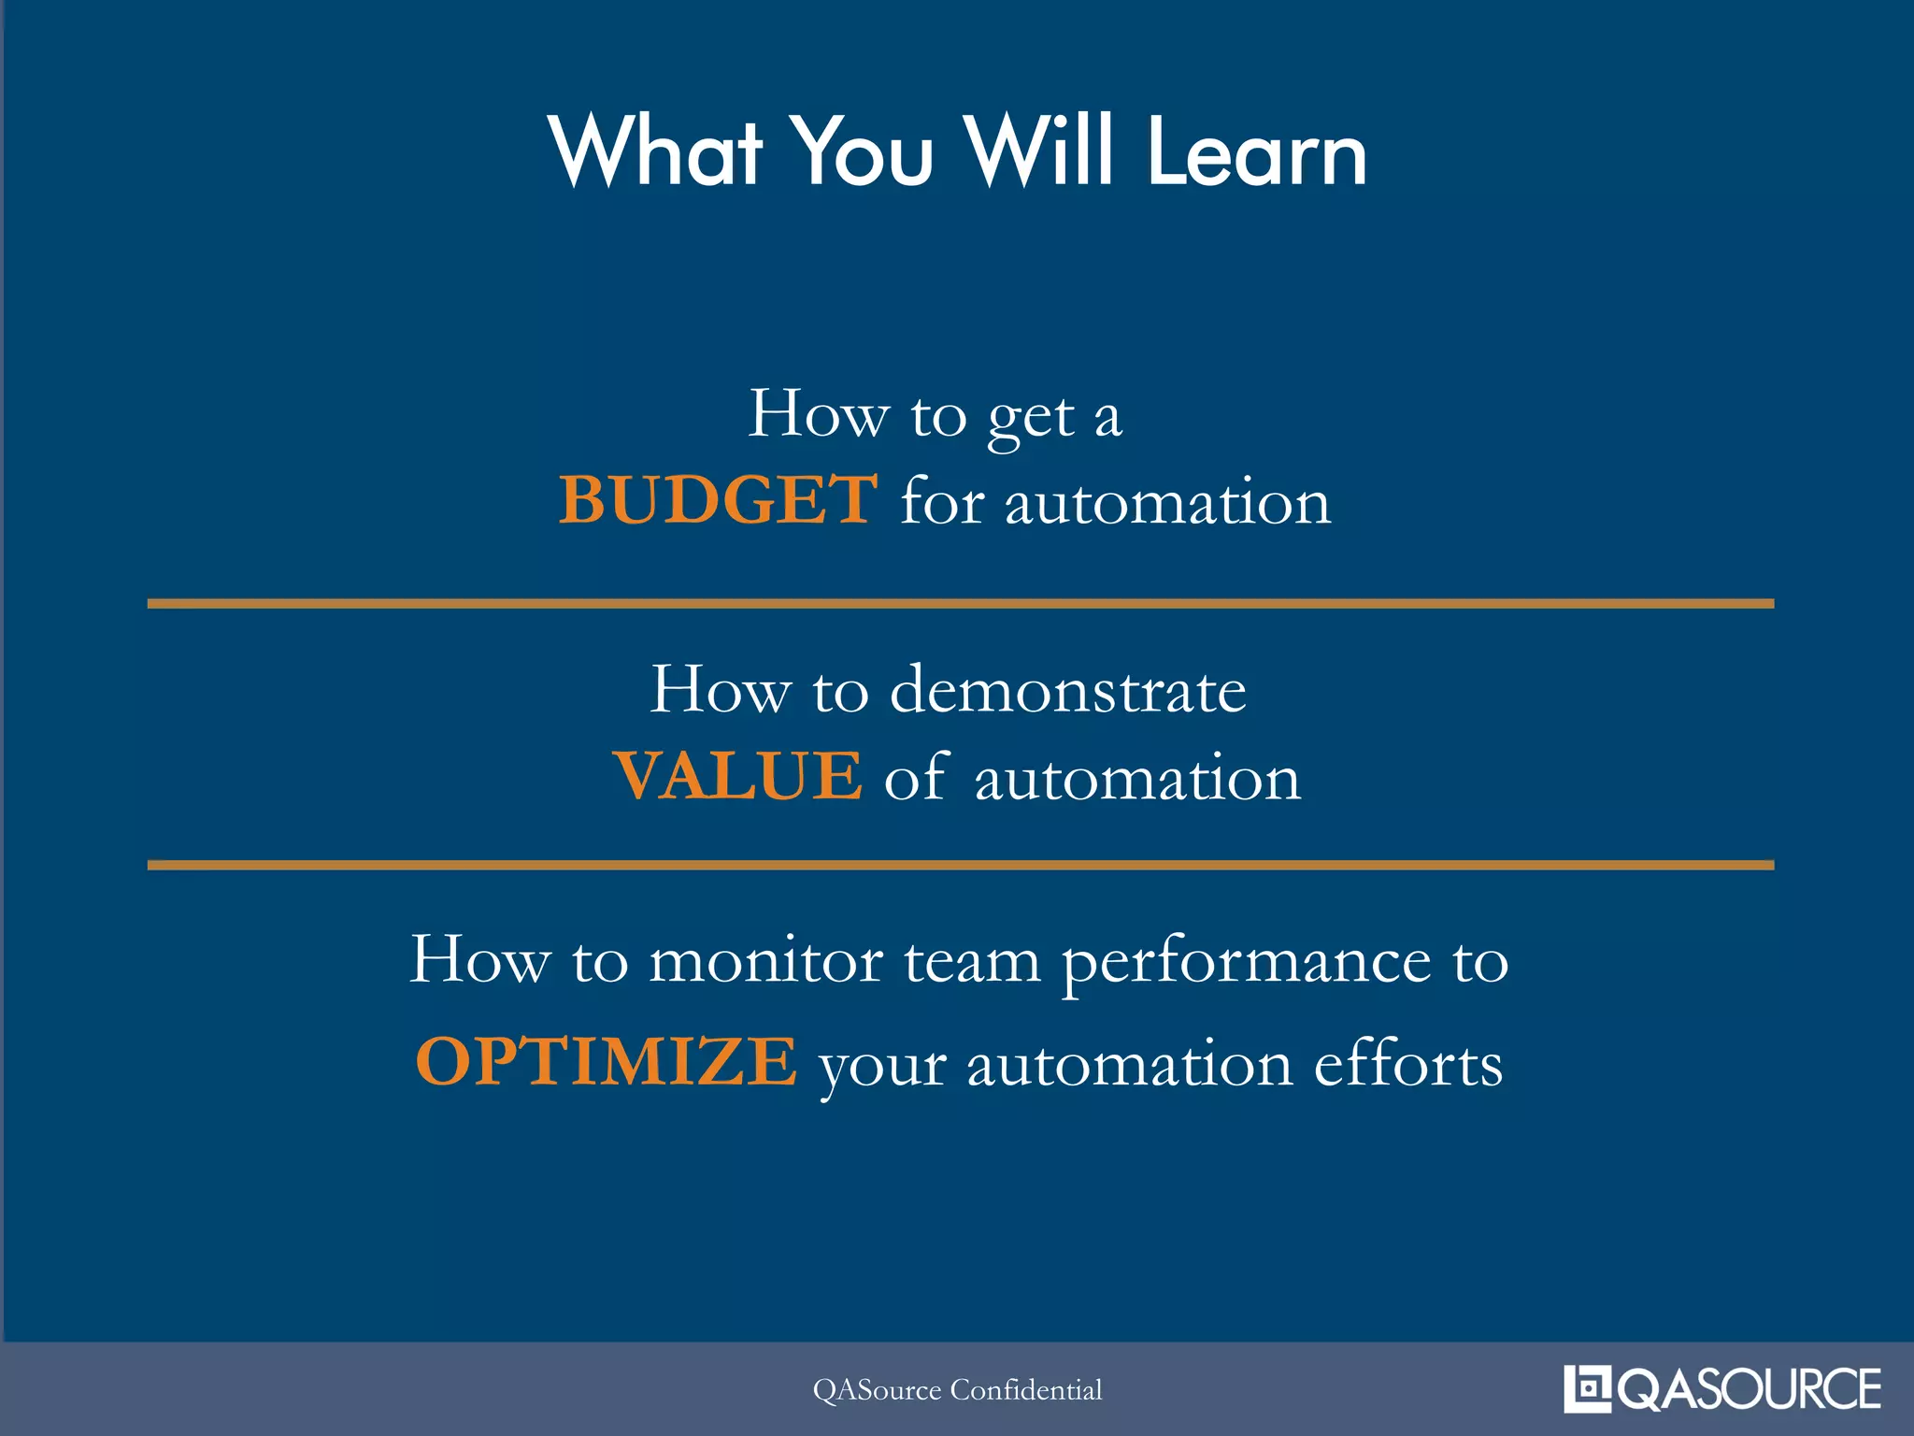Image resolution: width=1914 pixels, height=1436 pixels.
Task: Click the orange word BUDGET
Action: point(718,500)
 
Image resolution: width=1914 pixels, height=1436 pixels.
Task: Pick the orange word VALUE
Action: point(737,776)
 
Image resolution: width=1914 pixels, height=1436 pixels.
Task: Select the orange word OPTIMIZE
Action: point(606,1061)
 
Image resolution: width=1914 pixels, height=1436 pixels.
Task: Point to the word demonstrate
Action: point(1067,690)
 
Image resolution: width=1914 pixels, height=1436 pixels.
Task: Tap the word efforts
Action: point(1408,1063)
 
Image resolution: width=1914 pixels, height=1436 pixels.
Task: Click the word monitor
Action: point(765,961)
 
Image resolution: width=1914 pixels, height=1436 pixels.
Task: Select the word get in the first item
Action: point(1031,417)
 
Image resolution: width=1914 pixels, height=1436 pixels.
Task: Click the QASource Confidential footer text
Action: point(957,1390)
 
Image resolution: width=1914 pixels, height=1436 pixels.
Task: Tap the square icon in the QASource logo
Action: point(1587,1388)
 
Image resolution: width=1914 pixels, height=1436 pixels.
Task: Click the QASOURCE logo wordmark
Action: point(1749,1389)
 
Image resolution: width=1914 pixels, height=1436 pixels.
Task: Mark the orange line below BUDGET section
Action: point(960,604)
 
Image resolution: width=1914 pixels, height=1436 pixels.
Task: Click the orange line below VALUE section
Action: point(960,865)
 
